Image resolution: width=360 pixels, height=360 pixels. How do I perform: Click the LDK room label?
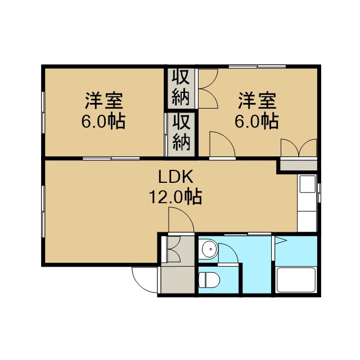click(x=175, y=177)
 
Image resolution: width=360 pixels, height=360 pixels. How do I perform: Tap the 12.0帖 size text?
click(x=175, y=197)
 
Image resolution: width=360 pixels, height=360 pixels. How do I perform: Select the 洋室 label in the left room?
click(x=104, y=101)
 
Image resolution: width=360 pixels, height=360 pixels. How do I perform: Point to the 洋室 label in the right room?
click(x=257, y=101)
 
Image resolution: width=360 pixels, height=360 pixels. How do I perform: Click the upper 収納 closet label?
click(x=181, y=87)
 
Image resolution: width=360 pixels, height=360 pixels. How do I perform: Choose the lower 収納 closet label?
click(x=181, y=133)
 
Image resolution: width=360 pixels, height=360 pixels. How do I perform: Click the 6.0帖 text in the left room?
click(x=103, y=121)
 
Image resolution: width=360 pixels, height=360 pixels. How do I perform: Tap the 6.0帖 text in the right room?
click(x=256, y=121)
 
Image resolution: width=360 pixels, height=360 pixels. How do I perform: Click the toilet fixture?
click(x=209, y=280)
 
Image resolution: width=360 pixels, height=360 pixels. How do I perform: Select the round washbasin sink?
click(x=209, y=249)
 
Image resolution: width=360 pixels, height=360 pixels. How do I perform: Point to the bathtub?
click(x=296, y=280)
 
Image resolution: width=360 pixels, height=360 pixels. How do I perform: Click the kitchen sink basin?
click(x=308, y=184)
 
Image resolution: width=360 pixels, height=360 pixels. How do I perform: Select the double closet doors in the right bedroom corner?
click(x=299, y=147)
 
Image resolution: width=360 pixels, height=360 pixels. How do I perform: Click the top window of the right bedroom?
click(x=257, y=66)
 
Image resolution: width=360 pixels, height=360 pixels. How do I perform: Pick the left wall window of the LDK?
click(x=43, y=211)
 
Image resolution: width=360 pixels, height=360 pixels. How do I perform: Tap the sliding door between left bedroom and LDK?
click(x=111, y=159)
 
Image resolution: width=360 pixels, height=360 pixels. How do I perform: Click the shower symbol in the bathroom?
click(x=281, y=240)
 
